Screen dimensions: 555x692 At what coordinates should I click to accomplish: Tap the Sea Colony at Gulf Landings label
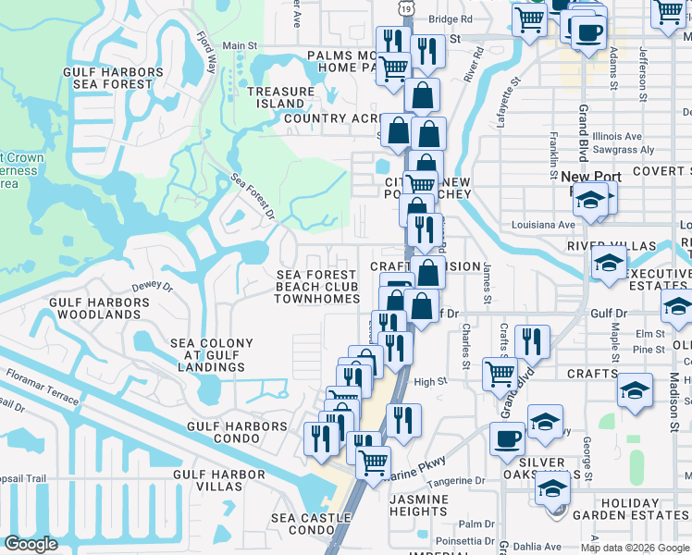(x=212, y=355)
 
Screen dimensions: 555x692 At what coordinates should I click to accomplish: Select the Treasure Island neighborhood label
(x=281, y=97)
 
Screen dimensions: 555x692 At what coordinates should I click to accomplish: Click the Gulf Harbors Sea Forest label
(x=114, y=78)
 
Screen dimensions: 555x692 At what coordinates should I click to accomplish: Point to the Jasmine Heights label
(x=418, y=505)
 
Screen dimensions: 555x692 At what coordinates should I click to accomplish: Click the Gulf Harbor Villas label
(x=219, y=481)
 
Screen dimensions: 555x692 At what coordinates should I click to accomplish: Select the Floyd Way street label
(x=206, y=53)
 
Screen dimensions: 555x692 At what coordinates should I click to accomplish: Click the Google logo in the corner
(x=31, y=544)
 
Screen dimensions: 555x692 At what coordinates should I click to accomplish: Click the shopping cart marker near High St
(x=500, y=374)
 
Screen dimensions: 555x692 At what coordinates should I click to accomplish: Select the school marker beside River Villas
(x=610, y=264)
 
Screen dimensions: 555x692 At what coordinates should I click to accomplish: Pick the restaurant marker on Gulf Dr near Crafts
(x=532, y=340)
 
